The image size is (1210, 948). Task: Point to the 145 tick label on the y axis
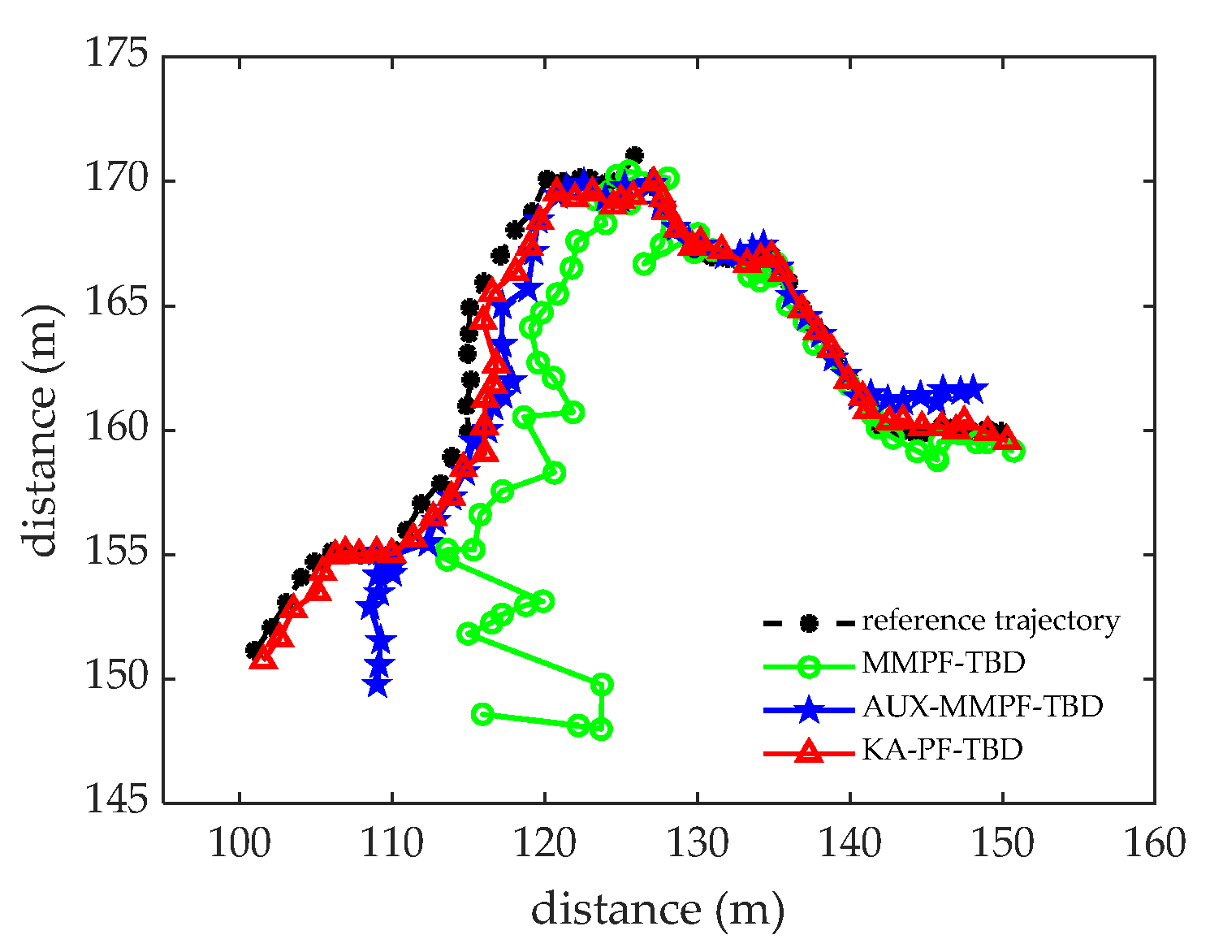point(117,802)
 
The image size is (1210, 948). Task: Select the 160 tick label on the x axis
point(1154,844)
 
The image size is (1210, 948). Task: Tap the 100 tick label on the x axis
point(240,844)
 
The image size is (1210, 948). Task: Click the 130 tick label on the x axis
point(697,844)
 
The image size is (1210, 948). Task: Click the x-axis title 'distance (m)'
point(658,909)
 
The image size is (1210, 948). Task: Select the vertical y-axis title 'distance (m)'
point(42,431)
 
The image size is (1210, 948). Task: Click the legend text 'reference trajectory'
point(991,621)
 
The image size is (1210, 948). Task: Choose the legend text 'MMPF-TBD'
point(944,664)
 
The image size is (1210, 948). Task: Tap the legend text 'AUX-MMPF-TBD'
point(983,707)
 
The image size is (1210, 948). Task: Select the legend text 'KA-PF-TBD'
point(942,749)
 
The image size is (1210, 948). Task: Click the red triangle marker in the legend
point(808,751)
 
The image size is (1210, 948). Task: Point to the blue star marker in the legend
point(808,708)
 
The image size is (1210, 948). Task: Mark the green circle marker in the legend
point(808,665)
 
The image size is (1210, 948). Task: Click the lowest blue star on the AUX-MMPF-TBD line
point(377,685)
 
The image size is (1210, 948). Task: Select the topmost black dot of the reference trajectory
point(634,155)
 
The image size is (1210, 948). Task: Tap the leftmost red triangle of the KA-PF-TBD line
point(262,658)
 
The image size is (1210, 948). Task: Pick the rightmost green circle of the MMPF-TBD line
point(1013,451)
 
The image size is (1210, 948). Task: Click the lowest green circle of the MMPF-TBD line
point(601,729)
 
